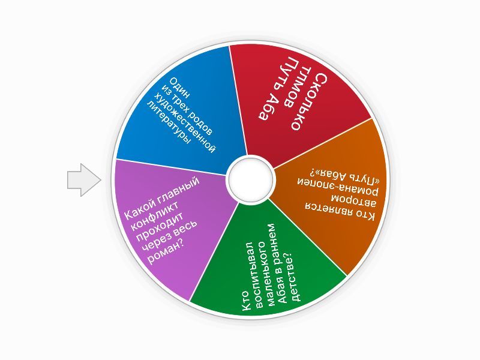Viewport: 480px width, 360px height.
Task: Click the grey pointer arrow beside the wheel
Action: click(84, 179)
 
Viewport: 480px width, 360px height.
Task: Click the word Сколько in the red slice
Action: click(311, 102)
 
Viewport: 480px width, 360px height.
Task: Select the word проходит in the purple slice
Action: click(160, 227)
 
